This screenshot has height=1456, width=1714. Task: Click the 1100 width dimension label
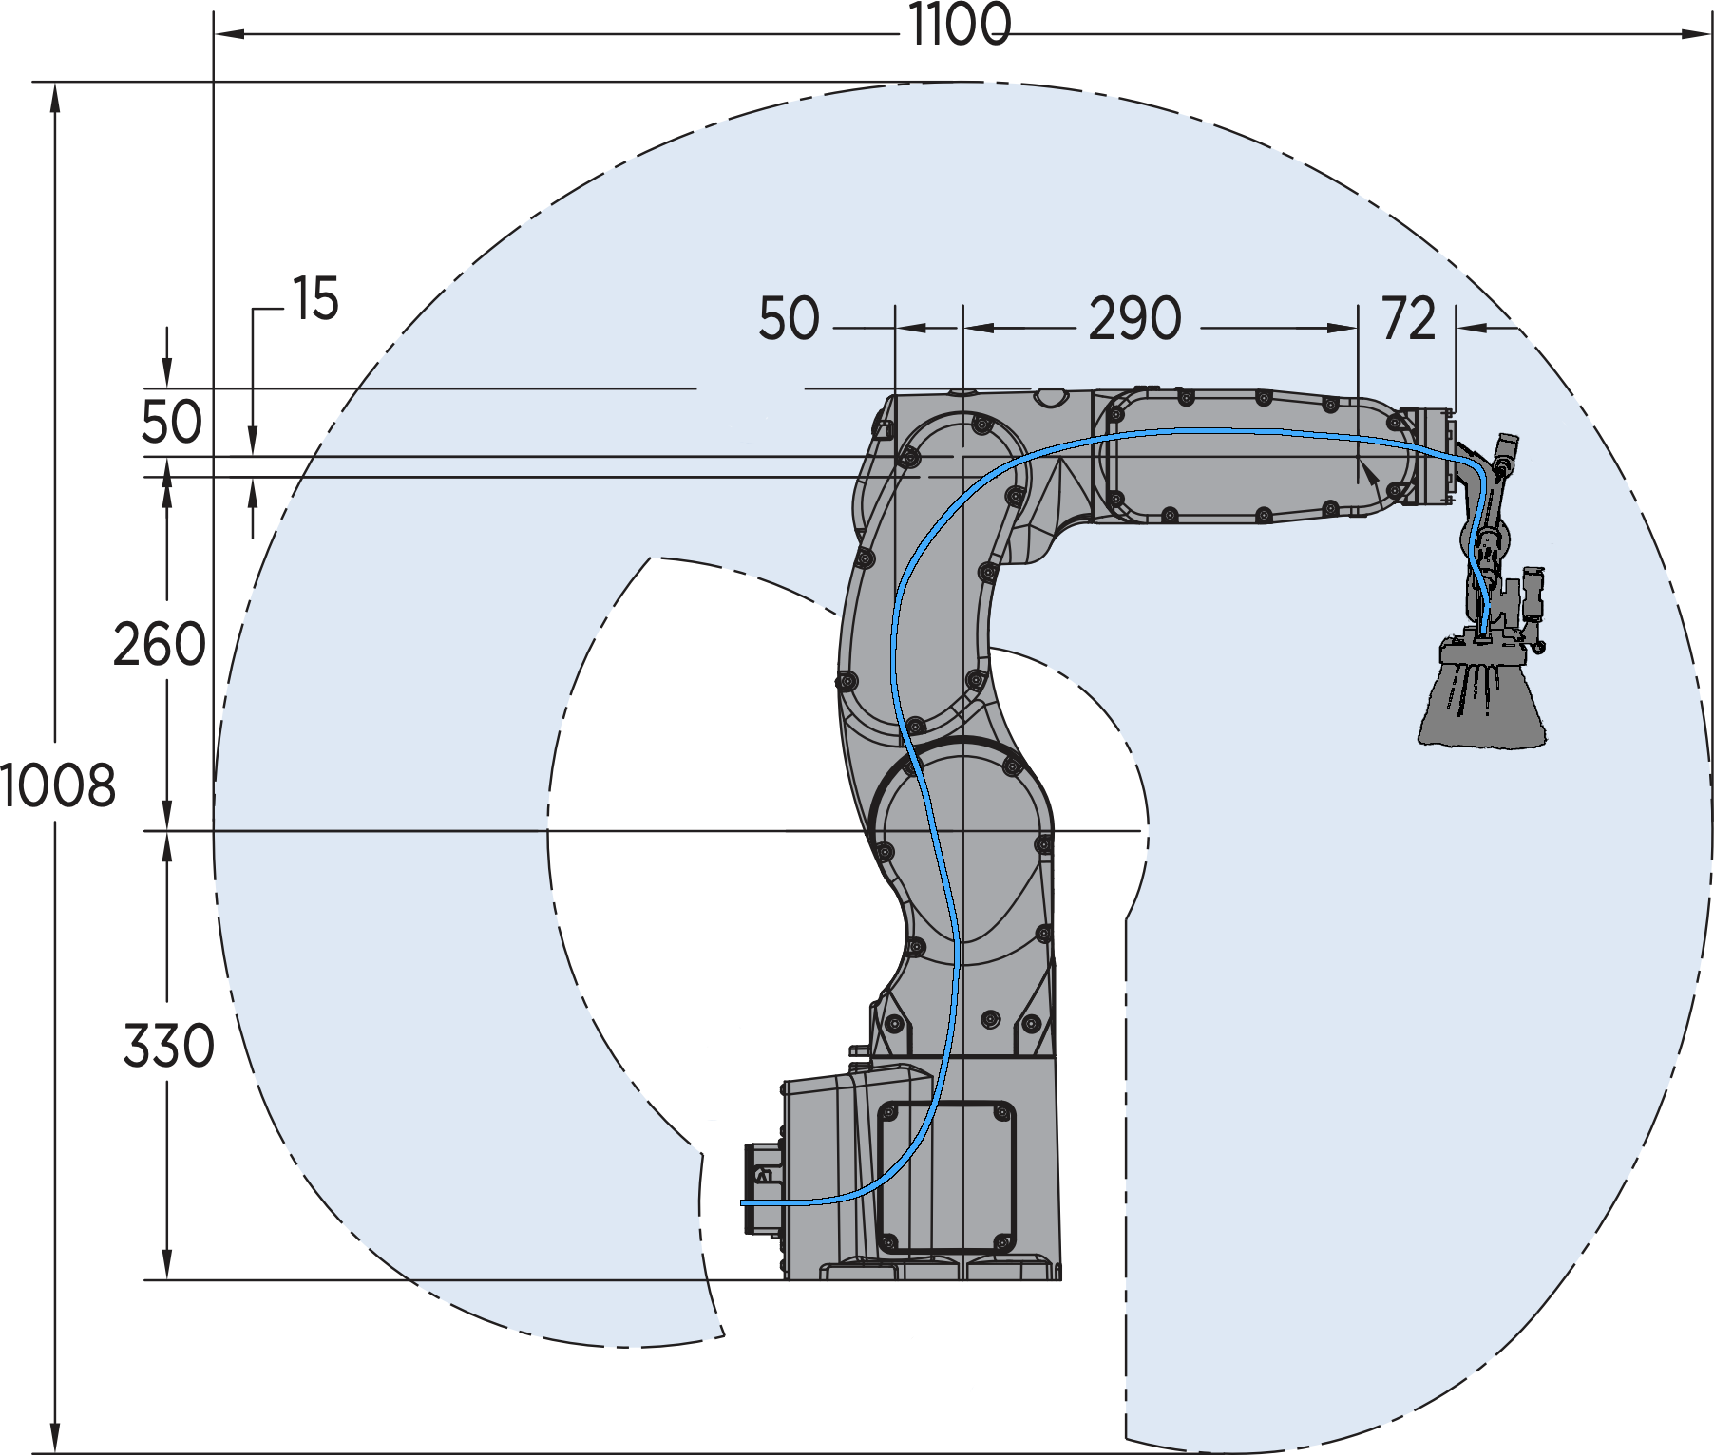pyautogui.click(x=958, y=26)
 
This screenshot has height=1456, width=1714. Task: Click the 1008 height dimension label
pyautogui.click(x=57, y=786)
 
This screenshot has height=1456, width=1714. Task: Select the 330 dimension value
pyautogui.click(x=168, y=1047)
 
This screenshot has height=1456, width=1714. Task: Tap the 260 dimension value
pyautogui.click(x=159, y=645)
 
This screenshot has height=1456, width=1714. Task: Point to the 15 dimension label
pyautogui.click(x=315, y=300)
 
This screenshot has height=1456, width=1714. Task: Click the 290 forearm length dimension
pyautogui.click(x=1134, y=319)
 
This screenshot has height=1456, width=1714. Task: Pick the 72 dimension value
pyautogui.click(x=1408, y=319)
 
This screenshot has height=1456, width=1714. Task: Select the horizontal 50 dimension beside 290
pyautogui.click(x=789, y=319)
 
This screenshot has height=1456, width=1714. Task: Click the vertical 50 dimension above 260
pyautogui.click(x=171, y=423)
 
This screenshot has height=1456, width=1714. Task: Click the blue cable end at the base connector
pyautogui.click(x=746, y=1203)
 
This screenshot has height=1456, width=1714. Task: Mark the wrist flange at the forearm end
pyautogui.click(x=1429, y=456)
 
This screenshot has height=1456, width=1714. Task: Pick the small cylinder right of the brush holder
pyautogui.click(x=1533, y=594)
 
